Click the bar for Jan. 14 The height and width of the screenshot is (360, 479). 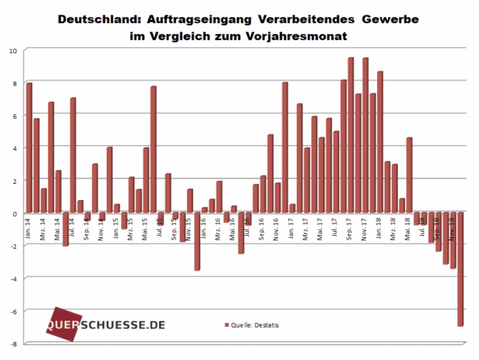coord(29,147)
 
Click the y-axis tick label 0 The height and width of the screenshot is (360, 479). coord(16,213)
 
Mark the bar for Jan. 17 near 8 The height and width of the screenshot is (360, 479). coord(285,147)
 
